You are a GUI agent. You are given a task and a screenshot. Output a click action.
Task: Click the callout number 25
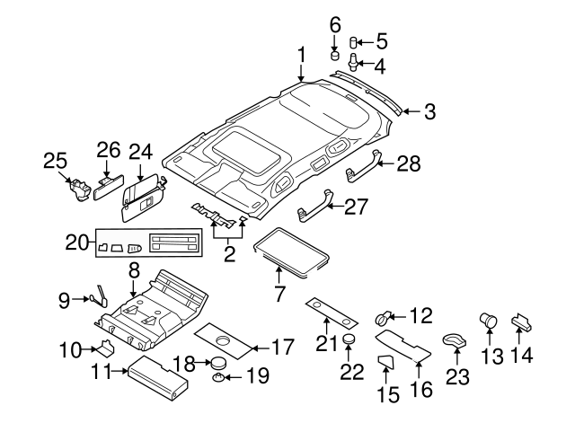click(x=56, y=161)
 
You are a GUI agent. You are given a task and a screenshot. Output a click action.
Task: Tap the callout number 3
click(x=429, y=112)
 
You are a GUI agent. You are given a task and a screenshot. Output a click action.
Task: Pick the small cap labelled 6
click(x=335, y=55)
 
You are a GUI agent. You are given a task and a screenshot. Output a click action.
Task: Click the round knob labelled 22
click(x=346, y=340)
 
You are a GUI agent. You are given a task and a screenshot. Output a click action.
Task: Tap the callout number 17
click(x=282, y=346)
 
